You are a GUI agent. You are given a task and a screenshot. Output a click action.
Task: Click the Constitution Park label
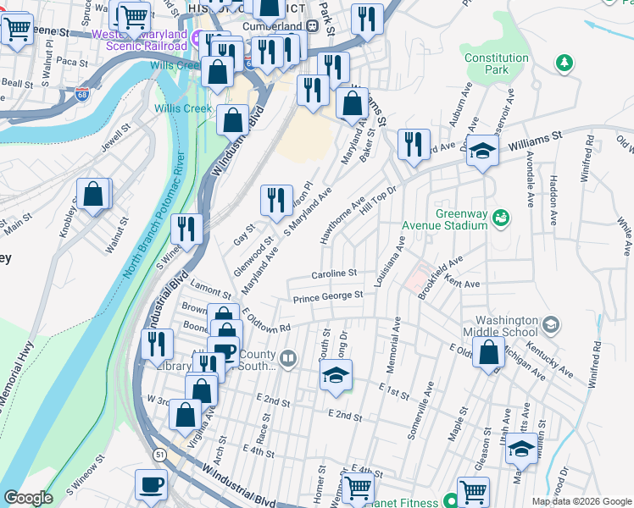pos(496,64)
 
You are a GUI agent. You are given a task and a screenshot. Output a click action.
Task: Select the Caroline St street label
pos(334,274)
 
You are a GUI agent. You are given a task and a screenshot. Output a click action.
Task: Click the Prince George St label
pos(328,296)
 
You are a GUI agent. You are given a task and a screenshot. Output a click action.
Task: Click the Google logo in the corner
pos(28,498)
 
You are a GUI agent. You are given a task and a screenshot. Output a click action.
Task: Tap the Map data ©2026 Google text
pos(581,500)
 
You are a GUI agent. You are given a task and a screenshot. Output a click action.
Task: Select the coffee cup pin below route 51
pos(151,484)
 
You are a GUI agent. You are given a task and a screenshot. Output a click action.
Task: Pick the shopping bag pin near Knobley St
pos(93,195)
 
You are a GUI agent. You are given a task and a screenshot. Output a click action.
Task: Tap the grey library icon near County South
pos(289,360)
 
